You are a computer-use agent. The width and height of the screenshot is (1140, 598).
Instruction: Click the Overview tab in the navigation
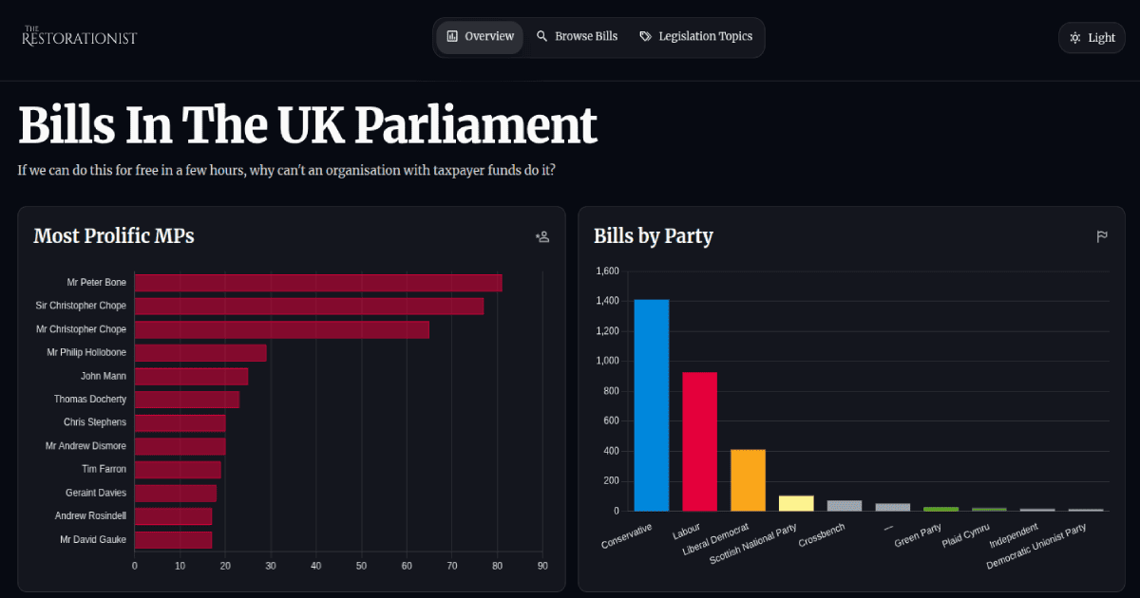click(x=480, y=37)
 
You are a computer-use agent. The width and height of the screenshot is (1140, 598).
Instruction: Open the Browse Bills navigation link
click(x=577, y=37)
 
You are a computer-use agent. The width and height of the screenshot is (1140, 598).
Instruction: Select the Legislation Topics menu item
click(x=696, y=37)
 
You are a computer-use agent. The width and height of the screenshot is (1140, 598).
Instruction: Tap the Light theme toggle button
click(x=1092, y=38)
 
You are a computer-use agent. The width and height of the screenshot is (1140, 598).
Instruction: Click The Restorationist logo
click(x=80, y=37)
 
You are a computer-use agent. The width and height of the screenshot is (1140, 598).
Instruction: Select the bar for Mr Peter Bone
click(x=318, y=283)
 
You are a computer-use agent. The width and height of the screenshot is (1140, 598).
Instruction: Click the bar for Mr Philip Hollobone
click(x=200, y=353)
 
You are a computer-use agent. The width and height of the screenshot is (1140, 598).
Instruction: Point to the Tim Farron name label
click(x=104, y=470)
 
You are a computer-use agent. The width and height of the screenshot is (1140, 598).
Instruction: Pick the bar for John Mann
click(x=191, y=377)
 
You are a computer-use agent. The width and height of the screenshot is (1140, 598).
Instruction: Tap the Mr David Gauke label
click(x=93, y=540)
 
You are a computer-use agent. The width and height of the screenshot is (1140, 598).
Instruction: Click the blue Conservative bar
click(x=652, y=405)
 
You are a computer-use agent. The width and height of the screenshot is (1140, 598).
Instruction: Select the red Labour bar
click(x=700, y=441)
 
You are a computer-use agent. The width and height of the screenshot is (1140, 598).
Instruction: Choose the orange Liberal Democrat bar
click(x=748, y=480)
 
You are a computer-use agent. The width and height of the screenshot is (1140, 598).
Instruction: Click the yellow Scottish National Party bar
click(x=796, y=503)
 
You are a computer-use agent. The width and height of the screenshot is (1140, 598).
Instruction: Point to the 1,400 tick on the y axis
click(x=607, y=301)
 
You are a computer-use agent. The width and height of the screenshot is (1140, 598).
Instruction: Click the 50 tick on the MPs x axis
click(x=361, y=567)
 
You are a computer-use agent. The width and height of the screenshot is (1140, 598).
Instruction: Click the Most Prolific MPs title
click(x=114, y=236)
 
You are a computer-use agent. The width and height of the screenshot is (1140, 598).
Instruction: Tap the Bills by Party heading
click(x=654, y=236)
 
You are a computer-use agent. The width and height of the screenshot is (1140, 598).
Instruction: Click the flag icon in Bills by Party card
click(x=1102, y=237)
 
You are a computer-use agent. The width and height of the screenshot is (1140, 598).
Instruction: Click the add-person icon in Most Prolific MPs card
click(x=542, y=237)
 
